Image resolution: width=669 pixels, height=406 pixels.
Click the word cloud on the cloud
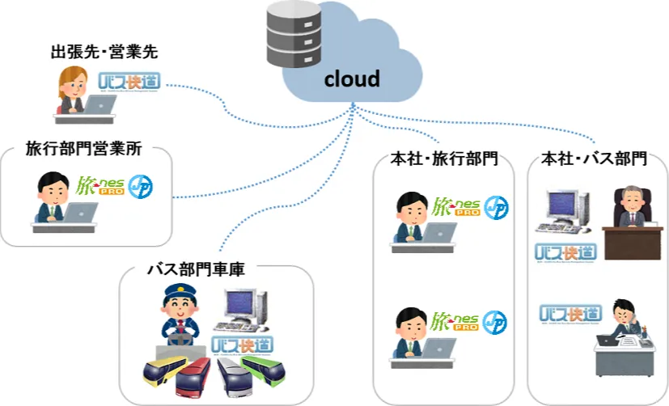352,79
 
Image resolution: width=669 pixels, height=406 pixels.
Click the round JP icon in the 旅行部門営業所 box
142,188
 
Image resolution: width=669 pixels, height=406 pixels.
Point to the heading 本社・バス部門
594,159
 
